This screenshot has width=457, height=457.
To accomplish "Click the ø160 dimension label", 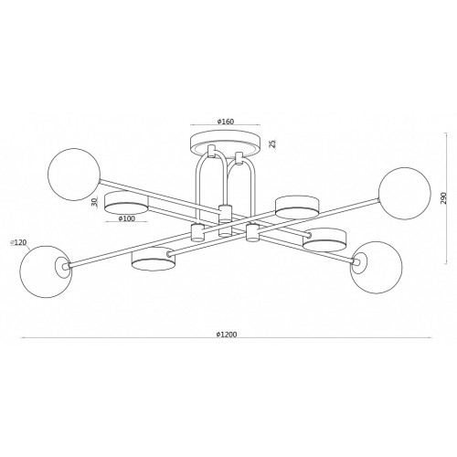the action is pos(226,122).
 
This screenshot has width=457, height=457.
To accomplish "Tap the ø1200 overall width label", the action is pos(227,335).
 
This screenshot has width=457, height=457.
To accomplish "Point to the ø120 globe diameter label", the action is pos(19,242).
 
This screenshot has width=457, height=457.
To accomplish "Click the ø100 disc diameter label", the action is pos(126,218).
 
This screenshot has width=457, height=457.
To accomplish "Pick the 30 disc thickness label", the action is pos(95,202).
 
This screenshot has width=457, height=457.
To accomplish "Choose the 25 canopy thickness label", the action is pos(273,143).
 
